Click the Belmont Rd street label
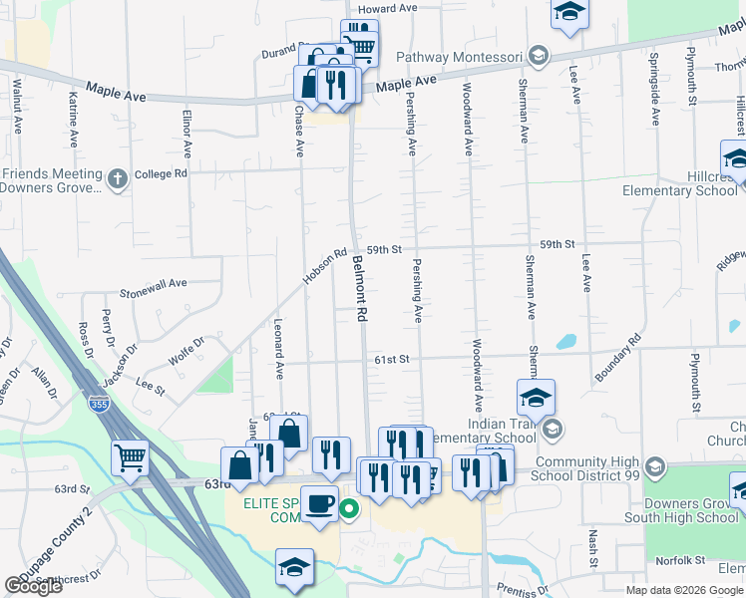tap(360, 288)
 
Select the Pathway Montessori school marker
tap(539, 55)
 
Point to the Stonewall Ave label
tap(154, 284)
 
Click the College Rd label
tap(161, 173)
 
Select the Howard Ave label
tap(387, 9)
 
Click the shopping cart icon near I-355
tap(130, 458)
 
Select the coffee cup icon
tap(319, 504)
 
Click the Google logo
tap(34, 586)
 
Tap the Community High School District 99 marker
tap(654, 466)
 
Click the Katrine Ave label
tap(73, 118)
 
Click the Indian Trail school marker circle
tap(555, 431)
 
